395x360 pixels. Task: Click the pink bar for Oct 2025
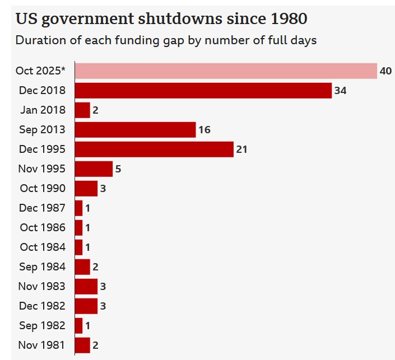[226, 71]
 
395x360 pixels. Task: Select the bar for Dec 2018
[203, 91]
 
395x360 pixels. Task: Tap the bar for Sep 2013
[135, 130]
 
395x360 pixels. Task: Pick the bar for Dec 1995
[154, 149]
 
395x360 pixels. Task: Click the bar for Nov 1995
[94, 169]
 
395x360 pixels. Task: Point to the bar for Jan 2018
[82, 110]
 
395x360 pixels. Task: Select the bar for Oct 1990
[86, 189]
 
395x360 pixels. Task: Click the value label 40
[385, 71]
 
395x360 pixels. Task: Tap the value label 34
[340, 91]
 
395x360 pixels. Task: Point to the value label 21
[241, 149]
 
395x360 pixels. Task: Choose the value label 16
[204, 130]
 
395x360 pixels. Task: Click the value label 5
[118, 169]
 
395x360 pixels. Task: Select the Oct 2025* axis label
[40, 71]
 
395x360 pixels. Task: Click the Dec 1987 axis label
[42, 208]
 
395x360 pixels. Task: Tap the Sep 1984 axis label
[42, 267]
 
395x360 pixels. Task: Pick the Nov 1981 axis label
[42, 345]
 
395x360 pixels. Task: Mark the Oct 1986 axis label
[43, 228]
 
